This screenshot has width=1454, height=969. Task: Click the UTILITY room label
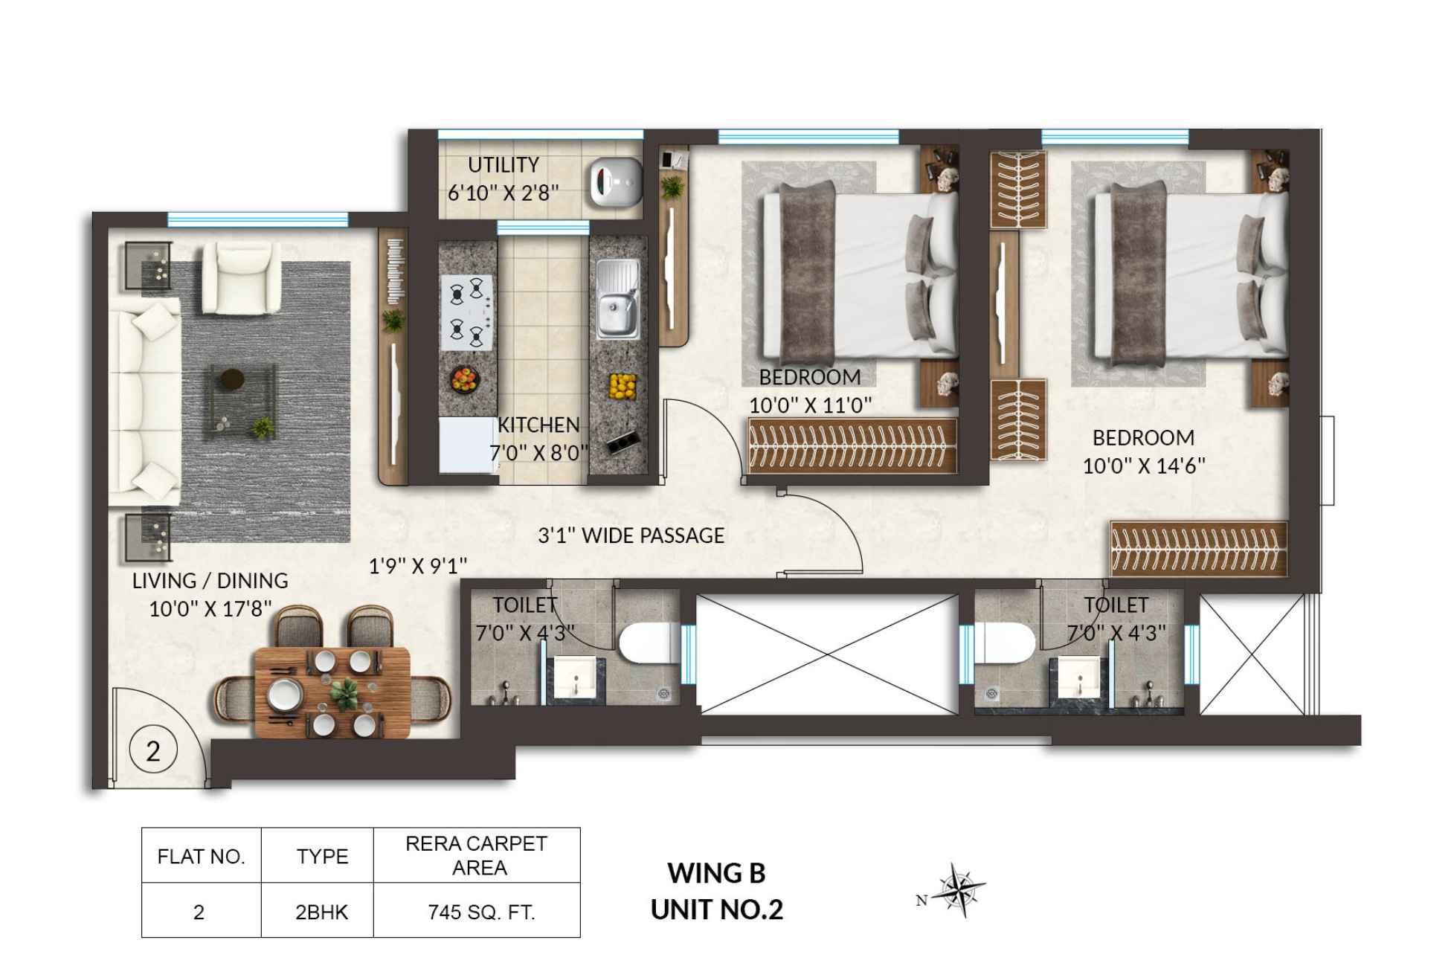[503, 164]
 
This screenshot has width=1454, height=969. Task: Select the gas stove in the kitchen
[466, 312]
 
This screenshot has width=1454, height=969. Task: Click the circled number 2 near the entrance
[153, 751]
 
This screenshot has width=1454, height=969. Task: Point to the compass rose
[960, 889]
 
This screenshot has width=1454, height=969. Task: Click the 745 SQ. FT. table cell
[480, 912]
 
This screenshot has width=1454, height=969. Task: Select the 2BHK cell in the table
[321, 912]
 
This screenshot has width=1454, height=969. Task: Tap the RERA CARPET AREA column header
[477, 855]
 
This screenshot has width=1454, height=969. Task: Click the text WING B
[715, 873]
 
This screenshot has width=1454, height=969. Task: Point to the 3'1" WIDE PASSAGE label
[631, 535]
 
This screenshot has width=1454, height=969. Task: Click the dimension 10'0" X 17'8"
[210, 609]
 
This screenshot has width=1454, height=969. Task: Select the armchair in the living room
[242, 277]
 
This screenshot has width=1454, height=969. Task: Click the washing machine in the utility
[615, 182]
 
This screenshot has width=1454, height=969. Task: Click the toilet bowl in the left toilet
[646, 643]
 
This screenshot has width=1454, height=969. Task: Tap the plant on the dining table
[344, 693]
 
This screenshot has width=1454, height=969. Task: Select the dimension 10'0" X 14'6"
[1143, 466]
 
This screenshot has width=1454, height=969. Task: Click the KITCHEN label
[538, 425]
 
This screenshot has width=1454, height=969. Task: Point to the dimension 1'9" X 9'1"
[418, 567]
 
